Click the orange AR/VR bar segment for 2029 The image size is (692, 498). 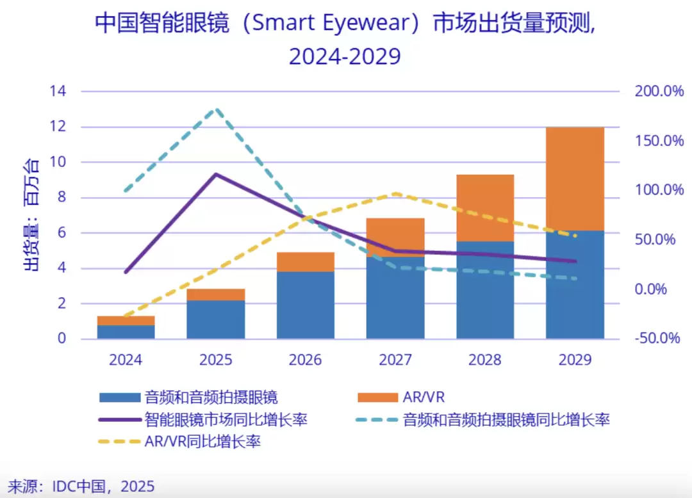pyautogui.click(x=575, y=179)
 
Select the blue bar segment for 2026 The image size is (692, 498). pyautogui.click(x=306, y=305)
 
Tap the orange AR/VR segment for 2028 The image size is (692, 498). pyautogui.click(x=485, y=207)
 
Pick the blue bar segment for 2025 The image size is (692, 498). pyautogui.click(x=216, y=319)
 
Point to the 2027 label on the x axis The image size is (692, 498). pyautogui.click(x=395, y=360)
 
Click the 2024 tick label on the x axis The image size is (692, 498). pyautogui.click(x=126, y=360)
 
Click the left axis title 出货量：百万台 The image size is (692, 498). pyautogui.click(x=32, y=214)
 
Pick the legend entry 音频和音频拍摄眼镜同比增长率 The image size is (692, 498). pyautogui.click(x=506, y=420)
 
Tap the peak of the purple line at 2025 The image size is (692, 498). pyautogui.click(x=216, y=174)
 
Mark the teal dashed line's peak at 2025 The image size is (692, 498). pyautogui.click(x=217, y=109)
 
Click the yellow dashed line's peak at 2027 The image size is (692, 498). pyautogui.click(x=396, y=193)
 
